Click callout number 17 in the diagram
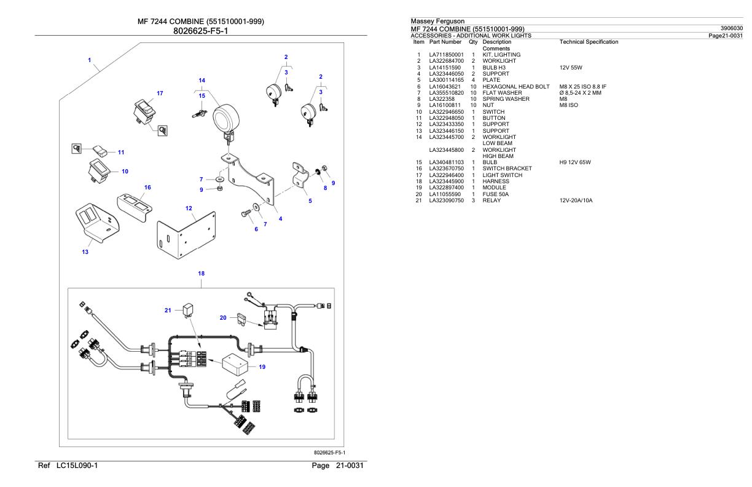coord(160,93)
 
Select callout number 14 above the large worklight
coord(202,80)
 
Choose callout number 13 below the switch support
coord(85,251)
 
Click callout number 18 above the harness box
coord(202,272)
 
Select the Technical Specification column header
coord(589,42)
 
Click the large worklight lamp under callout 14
coord(226,115)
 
